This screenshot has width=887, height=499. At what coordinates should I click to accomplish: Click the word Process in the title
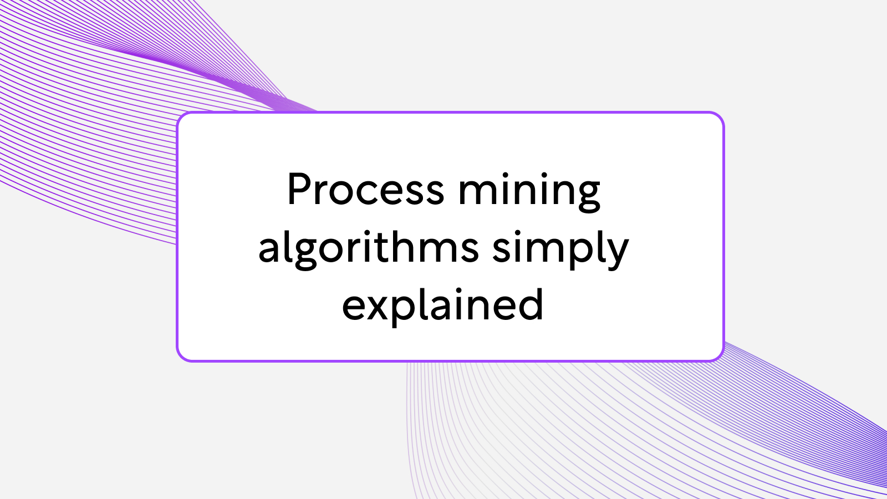pyautogui.click(x=365, y=190)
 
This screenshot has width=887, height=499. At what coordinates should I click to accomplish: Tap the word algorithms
pyautogui.click(x=369, y=248)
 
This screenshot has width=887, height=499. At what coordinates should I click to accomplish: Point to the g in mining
pyautogui.click(x=588, y=196)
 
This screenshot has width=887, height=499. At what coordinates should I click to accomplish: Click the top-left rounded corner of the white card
pyautogui.click(x=181, y=117)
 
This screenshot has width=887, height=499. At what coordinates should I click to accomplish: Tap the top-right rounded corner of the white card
pyautogui.click(x=719, y=117)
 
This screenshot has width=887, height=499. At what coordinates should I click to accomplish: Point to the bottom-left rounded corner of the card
pyautogui.click(x=181, y=357)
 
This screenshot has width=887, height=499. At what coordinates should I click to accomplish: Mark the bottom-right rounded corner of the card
pyautogui.click(x=719, y=357)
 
